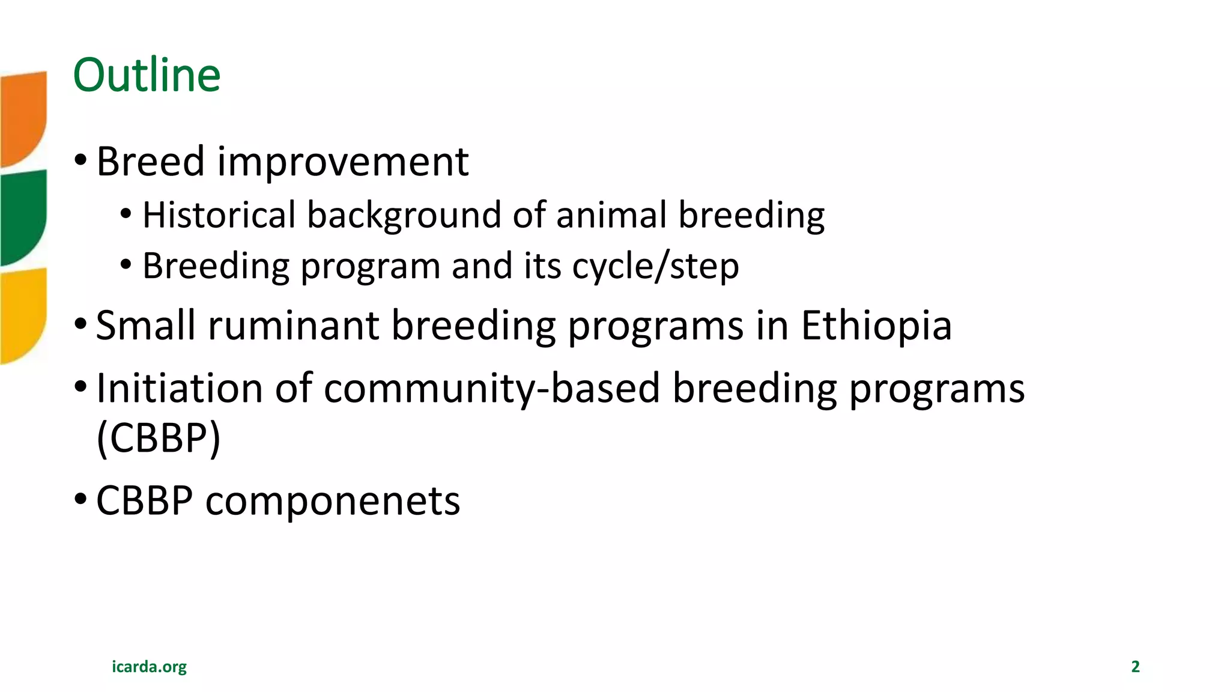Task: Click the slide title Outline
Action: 147,75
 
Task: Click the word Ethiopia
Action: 876,326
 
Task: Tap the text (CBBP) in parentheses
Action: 159,438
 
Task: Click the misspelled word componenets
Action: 332,501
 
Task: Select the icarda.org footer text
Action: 149,666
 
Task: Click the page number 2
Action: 1135,666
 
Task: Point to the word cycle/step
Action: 655,266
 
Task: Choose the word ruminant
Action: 294,326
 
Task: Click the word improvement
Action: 342,162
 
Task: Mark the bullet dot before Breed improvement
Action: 80,160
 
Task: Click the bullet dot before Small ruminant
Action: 80,324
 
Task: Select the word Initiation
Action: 180,388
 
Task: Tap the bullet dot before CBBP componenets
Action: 80,500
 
